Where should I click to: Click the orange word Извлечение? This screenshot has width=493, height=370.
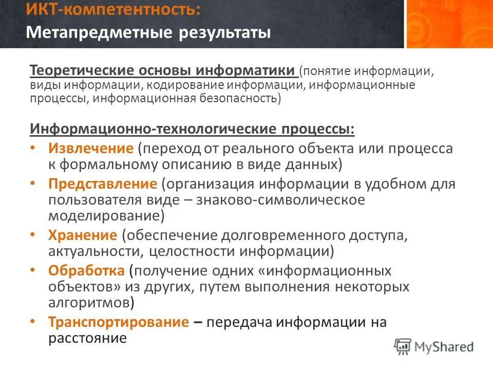point(91,149)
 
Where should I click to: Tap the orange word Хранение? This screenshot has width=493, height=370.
point(83,235)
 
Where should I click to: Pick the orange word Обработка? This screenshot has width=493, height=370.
point(86,270)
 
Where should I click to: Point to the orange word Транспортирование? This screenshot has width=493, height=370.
point(119,322)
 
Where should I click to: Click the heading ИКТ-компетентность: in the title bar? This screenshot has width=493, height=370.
point(113,10)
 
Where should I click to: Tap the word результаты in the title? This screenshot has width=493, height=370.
point(224,33)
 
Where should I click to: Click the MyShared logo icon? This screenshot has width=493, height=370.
point(403,346)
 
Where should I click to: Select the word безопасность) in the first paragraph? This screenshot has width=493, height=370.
point(239,98)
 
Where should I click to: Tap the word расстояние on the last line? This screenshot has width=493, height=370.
point(87,338)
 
